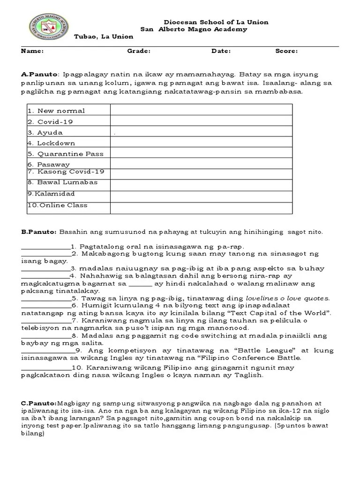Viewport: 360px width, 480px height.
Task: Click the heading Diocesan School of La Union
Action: click(216, 22)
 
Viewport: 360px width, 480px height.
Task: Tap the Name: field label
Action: click(32, 51)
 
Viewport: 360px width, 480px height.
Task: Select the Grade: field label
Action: click(139, 51)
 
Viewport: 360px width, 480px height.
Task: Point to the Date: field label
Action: click(221, 51)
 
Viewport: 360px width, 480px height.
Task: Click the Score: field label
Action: click(286, 51)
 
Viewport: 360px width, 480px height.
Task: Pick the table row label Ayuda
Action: click(50, 133)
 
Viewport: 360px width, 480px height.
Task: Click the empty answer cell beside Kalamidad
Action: click(201, 194)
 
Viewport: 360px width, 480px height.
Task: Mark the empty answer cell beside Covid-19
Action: click(201, 122)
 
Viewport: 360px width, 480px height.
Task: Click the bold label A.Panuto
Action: click(39, 74)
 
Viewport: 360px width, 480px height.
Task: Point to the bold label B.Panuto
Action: click(38, 232)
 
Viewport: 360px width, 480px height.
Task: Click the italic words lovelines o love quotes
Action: click(288, 298)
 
